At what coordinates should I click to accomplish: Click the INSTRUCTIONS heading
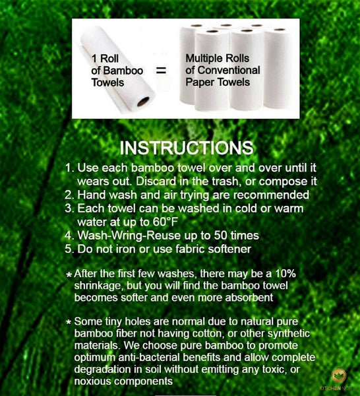point(187,147)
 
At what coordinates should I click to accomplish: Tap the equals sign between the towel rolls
point(161,71)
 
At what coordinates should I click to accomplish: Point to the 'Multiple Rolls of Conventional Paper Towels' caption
point(222,70)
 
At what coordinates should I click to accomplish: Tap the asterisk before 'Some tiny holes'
point(69,323)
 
